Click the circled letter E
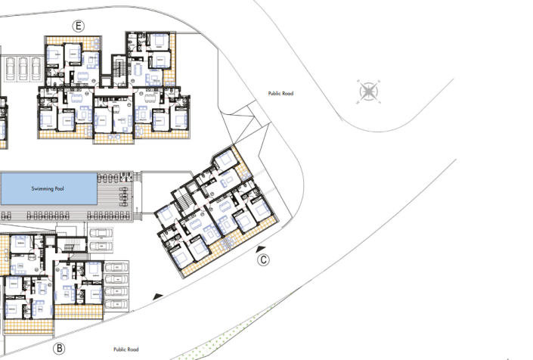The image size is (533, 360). point(78,26)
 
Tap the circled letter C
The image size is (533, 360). point(264,260)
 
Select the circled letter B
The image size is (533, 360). point(58,349)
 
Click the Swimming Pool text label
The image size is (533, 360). point(48,188)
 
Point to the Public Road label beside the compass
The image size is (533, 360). point(280,94)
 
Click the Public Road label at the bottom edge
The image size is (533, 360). point(126,349)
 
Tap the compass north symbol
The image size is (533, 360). point(368,92)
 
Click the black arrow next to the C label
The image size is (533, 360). point(260,248)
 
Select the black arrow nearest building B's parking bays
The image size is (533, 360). point(157,296)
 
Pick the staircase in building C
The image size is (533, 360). point(184,200)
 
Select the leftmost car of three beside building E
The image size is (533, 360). point(11,69)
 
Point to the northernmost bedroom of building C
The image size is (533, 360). point(225,160)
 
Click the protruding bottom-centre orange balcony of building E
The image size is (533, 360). point(112,138)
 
